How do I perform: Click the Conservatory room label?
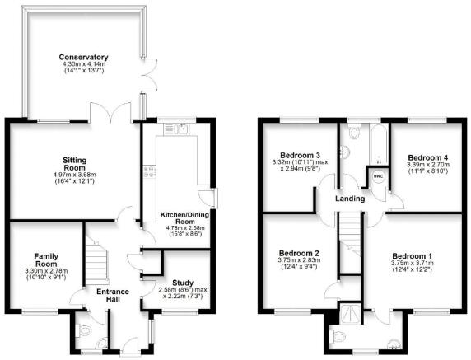click(83, 57)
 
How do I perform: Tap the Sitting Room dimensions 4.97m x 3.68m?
click(74, 175)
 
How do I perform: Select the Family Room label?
click(46, 260)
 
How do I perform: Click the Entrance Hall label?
click(113, 296)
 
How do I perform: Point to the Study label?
click(183, 283)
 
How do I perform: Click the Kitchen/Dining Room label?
click(184, 218)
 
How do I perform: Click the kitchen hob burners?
click(149, 171)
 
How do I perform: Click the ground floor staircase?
click(97, 261)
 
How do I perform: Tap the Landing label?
click(350, 199)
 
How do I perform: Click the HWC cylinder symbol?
click(378, 176)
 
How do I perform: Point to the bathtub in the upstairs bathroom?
click(379, 144)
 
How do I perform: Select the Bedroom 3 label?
click(296, 156)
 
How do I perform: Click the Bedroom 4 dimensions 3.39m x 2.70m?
click(428, 165)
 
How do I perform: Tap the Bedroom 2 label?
click(295, 253)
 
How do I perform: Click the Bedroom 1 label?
click(412, 256)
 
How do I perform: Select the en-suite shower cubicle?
click(350, 314)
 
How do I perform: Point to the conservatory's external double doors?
click(149, 75)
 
